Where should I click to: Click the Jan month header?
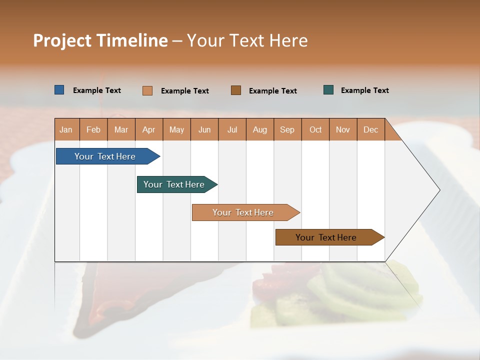tap(66, 129)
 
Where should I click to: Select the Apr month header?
tap(148, 129)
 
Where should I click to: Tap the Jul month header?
tap(232, 129)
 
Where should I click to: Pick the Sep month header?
tap(287, 129)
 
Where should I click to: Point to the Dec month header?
tap(370, 129)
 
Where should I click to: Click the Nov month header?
tap(342, 129)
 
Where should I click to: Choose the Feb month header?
tap(93, 129)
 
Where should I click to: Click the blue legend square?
tap(59, 90)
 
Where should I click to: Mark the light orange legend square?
tap(147, 90)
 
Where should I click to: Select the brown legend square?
tap(235, 90)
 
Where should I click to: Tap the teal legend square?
tap(328, 90)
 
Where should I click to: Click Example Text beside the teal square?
tap(364, 90)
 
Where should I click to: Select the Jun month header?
tap(204, 129)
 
